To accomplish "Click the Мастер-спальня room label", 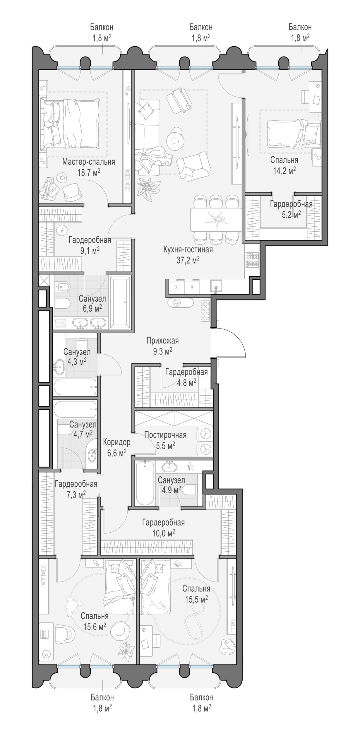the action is click(x=88, y=162).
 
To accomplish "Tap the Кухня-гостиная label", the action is click(x=188, y=250).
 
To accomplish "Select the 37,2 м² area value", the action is click(x=188, y=260).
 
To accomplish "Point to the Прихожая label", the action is click(x=162, y=341).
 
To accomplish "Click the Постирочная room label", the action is click(x=165, y=435).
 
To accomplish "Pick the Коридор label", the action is click(x=117, y=442).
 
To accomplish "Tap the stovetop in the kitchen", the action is click(x=253, y=260).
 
